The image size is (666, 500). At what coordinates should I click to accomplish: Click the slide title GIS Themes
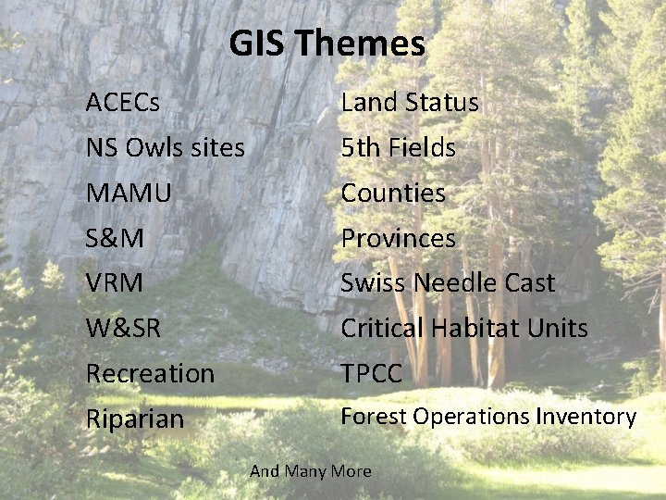point(327,44)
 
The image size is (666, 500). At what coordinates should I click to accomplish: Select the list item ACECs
point(122,102)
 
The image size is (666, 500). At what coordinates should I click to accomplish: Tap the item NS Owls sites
point(165,147)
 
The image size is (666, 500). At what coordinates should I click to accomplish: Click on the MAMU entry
point(129,193)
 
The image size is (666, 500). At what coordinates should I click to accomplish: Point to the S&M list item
point(115,238)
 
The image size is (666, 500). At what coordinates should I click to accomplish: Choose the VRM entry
point(115,282)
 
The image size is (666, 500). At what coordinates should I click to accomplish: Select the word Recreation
point(150,373)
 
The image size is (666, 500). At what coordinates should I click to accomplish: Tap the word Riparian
point(135,419)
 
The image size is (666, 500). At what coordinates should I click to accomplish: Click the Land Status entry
point(410,102)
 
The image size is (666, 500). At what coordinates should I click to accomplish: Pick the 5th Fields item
point(398,147)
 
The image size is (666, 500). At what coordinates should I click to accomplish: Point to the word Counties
point(393,193)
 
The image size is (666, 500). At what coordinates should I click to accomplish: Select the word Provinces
point(398,238)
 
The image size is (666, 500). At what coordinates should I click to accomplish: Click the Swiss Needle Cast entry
point(448,282)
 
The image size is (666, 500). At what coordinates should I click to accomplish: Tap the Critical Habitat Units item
point(464,328)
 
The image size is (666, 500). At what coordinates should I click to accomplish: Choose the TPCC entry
point(372,373)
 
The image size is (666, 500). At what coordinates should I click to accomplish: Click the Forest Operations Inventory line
point(488,417)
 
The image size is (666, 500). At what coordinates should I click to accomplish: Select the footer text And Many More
point(310,471)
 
